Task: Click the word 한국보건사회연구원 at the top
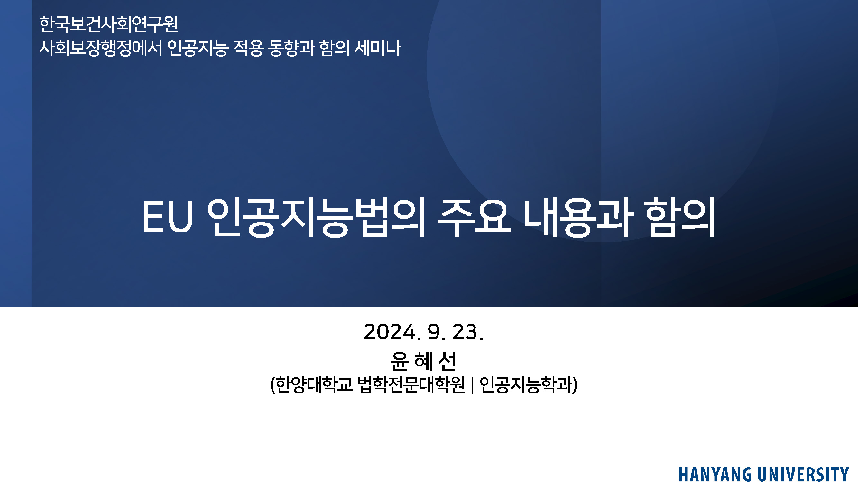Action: coord(109,24)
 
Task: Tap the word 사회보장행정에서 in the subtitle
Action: coord(101,48)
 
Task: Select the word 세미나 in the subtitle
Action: coord(377,48)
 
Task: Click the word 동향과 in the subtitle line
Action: coord(291,48)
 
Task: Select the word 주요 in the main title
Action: coord(474,217)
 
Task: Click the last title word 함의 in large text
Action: coord(680,217)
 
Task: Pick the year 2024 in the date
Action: coord(390,332)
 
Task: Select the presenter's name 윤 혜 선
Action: coord(423,362)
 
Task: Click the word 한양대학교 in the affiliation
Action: coord(314,385)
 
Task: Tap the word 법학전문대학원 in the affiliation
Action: coord(411,385)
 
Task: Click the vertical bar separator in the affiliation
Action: coord(472,385)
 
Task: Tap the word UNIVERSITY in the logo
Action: coord(803,475)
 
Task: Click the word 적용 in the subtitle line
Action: coord(248,48)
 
